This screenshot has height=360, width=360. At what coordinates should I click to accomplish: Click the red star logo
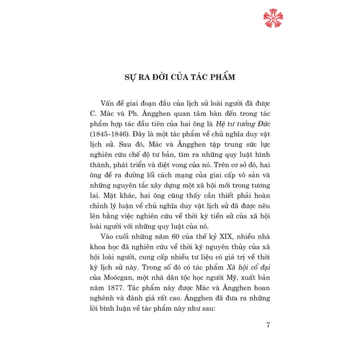point(273,18)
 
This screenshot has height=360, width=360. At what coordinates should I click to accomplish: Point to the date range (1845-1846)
point(109,134)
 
